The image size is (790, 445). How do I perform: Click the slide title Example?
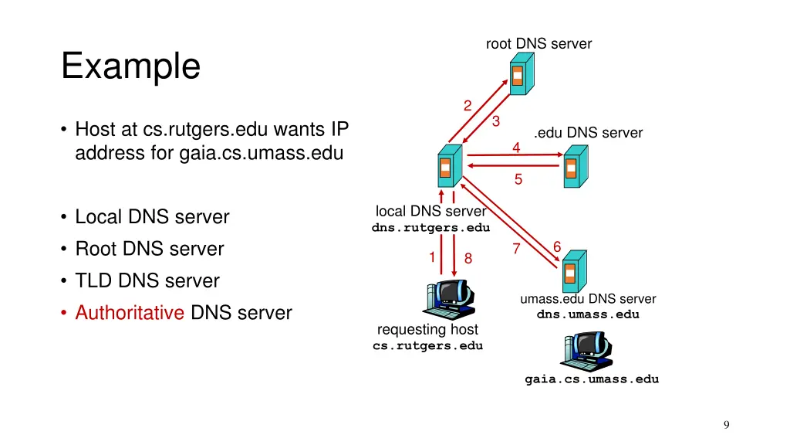pos(130,66)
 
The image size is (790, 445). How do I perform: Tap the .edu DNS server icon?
pos(574,165)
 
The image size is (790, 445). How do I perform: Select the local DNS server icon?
pos(447,165)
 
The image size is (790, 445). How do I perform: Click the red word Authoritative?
pos(129,313)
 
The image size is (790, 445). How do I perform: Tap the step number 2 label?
pos(468,106)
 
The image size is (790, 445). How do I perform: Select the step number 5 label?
pos(518,180)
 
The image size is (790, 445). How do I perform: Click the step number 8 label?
pos(468,260)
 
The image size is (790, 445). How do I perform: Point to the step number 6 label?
pos(556,246)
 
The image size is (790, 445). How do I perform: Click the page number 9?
pos(726,424)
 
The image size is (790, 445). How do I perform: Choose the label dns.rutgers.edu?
pos(430,228)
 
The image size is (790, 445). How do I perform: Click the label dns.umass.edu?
pos(588,314)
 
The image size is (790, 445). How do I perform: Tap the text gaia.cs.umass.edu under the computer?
pos(592,379)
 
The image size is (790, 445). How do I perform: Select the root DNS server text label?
pos(538,44)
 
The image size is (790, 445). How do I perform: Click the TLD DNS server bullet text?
pos(147,280)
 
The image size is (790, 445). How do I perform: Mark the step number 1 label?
pos(433,256)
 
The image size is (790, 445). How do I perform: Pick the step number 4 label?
pos(516,147)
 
